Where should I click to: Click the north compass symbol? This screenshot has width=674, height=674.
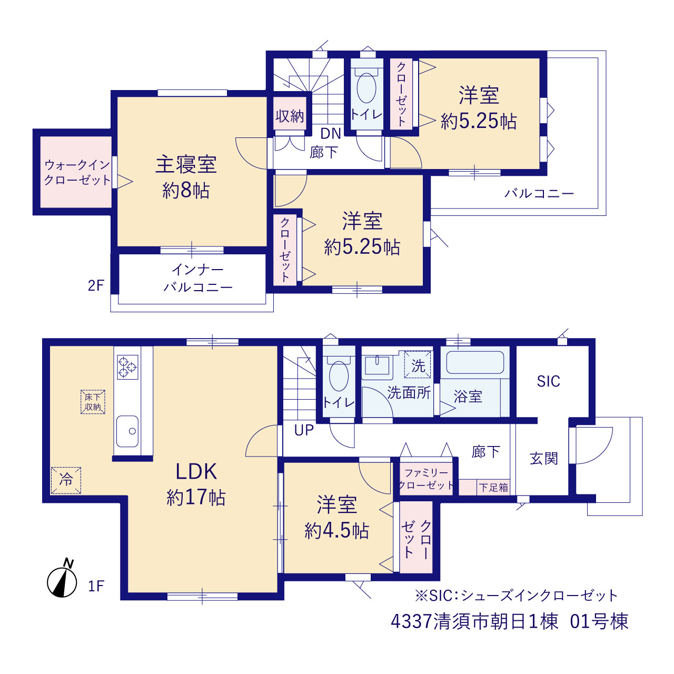62,581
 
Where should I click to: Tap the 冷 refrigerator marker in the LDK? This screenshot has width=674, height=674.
66,481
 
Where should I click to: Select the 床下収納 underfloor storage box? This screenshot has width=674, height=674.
93,402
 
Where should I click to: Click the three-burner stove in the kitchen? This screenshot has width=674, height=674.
127,367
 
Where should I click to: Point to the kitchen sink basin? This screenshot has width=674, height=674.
127,431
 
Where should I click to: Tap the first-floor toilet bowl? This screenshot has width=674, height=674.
339,376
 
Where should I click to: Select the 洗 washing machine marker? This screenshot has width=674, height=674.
418,365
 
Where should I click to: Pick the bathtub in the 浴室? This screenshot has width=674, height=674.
474,362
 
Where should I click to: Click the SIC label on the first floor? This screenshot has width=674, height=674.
549,381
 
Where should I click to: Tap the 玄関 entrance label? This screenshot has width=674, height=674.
543,458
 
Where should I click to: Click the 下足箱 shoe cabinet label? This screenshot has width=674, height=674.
493,488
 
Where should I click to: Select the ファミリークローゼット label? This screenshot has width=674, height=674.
426,479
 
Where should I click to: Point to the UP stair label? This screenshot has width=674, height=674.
304,431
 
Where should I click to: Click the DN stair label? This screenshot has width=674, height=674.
331,133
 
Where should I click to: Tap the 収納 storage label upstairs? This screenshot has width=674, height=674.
289,116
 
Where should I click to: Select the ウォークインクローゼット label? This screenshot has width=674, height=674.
77,172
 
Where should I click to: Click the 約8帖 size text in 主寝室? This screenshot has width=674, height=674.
186,191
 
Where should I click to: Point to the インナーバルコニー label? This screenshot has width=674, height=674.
198,279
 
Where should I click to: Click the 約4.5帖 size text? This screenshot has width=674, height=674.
336,531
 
